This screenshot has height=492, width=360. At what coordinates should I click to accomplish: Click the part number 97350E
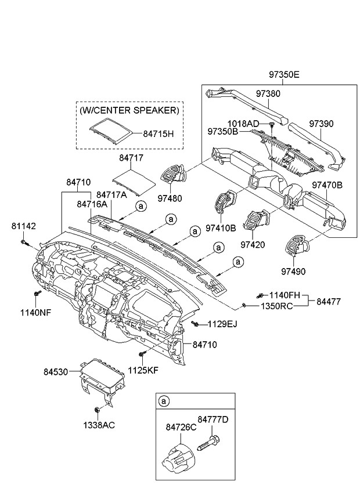(284, 75)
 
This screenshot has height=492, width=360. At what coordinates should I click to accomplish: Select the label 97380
(269, 93)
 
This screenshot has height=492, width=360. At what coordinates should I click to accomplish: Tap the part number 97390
(322, 124)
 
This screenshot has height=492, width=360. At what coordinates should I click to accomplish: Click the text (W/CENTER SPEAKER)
(129, 110)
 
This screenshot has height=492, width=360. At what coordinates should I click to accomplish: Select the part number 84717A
(111, 195)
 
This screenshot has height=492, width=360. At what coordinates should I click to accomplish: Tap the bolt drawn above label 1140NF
(37, 294)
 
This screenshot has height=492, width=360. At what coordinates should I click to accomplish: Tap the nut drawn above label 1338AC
(98, 411)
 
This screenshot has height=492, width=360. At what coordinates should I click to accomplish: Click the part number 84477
(329, 301)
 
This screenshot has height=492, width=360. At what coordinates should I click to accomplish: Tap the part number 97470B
(327, 185)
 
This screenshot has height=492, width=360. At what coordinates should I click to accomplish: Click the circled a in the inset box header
(164, 401)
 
